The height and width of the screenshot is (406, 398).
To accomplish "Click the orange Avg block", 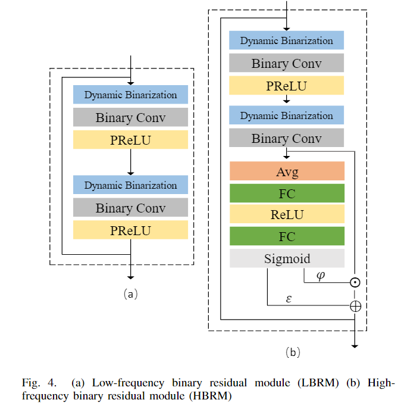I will click(287, 172).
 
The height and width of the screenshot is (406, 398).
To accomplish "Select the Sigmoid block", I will click(287, 258).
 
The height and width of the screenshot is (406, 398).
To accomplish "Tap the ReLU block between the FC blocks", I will click(287, 215).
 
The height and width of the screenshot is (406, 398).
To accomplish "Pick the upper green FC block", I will click(287, 193).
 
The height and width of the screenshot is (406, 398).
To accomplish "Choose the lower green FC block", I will click(287, 236).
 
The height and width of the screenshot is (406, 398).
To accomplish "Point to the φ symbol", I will click(321, 277).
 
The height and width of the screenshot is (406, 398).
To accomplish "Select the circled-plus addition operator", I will click(355, 306).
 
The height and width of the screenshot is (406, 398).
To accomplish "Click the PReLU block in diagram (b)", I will click(287, 85).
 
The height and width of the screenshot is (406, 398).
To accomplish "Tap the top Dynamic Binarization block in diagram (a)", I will click(130, 95).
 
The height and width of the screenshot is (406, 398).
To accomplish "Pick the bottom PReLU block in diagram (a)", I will click(130, 230).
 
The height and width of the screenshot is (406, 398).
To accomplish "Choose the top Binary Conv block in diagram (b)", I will click(287, 63).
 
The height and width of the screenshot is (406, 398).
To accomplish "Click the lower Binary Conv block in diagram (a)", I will click(130, 208).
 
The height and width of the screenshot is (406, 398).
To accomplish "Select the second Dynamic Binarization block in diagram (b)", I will click(287, 115).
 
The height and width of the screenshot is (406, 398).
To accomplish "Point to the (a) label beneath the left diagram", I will click(130, 293).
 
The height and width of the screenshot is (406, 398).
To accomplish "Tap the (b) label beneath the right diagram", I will click(292, 352).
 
